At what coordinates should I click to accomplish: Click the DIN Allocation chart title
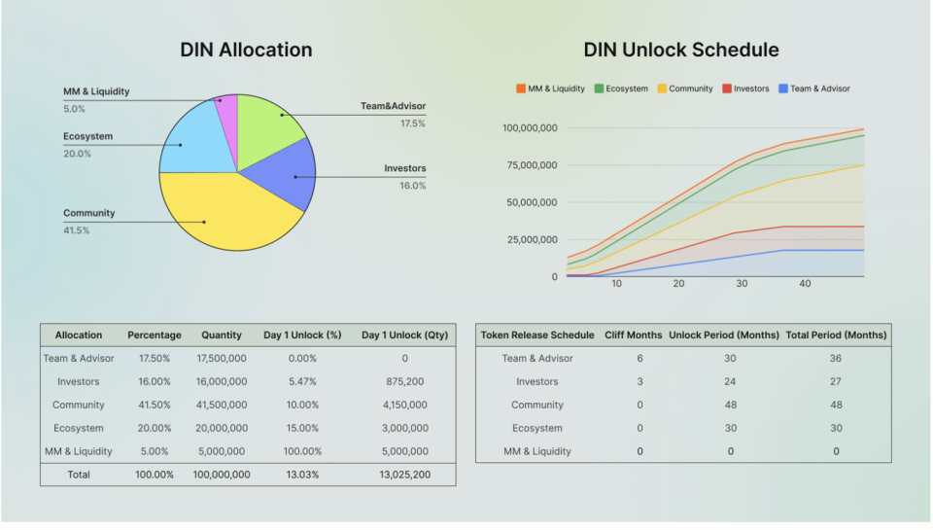[x=246, y=50]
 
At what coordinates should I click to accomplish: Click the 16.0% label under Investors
[x=412, y=186]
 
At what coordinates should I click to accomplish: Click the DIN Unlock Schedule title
[x=681, y=50]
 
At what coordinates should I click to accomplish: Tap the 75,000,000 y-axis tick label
[x=530, y=165]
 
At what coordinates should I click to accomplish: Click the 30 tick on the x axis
[x=742, y=284]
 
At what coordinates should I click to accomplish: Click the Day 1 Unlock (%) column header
[x=302, y=336]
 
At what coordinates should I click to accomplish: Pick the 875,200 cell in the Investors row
[x=404, y=382]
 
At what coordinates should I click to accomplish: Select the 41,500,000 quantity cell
[x=222, y=405]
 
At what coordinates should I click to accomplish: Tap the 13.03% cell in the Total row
[x=302, y=475]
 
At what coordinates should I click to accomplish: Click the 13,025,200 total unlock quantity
[x=404, y=475]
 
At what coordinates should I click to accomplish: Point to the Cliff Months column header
[x=632, y=336]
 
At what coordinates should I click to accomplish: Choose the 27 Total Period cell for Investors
[x=836, y=382]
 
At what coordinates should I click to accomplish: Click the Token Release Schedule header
[x=537, y=336]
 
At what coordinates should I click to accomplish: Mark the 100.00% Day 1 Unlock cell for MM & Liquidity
[x=302, y=451]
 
